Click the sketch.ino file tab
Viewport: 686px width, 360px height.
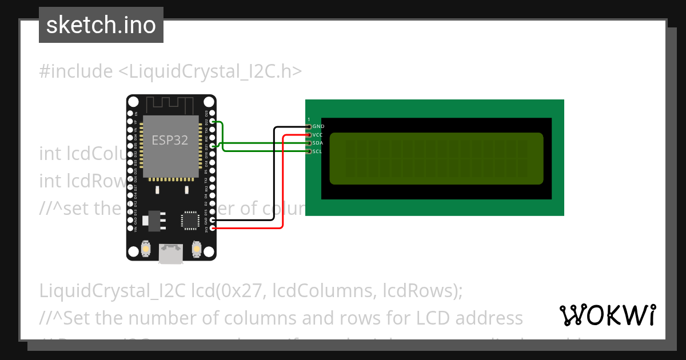coord(101,25)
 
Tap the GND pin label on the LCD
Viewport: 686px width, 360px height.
coord(318,126)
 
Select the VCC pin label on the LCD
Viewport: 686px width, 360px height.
coord(318,134)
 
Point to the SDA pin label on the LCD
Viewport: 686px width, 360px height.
coord(318,143)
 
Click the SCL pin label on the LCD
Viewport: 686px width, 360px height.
coord(318,151)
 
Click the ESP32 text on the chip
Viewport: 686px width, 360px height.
coord(170,140)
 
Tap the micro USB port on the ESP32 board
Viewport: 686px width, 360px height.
coord(171,253)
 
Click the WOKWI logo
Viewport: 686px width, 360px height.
coord(607,315)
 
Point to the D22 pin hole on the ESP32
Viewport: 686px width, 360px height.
coord(213,122)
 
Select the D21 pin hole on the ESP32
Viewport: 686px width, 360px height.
coord(213,146)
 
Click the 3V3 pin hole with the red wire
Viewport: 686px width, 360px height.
coord(213,229)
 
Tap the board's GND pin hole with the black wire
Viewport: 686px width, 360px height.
coord(213,220)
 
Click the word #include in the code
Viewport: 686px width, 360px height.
coord(76,71)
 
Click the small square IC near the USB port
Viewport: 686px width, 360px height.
coord(189,221)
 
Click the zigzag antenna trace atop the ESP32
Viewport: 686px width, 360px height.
coord(170,105)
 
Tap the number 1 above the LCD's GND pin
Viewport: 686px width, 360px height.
coord(309,119)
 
